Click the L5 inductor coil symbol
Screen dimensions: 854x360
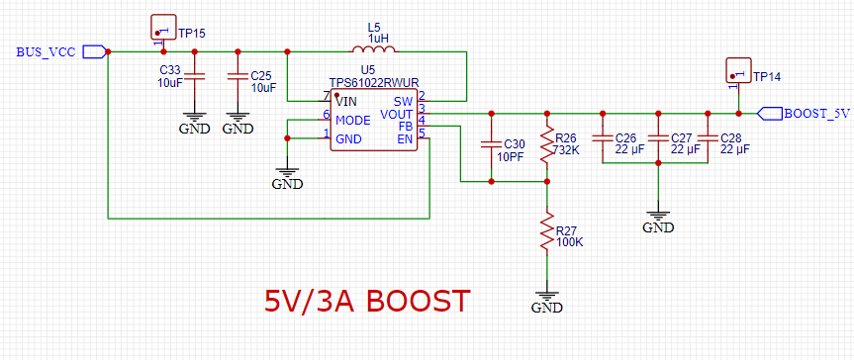tap(374, 49)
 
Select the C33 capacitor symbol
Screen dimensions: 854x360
tap(194, 76)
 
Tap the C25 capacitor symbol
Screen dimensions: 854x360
tap(237, 76)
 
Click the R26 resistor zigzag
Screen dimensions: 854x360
tap(547, 144)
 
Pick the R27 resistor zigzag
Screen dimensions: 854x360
tap(547, 232)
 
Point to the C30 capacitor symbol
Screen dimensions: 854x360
tap(491, 144)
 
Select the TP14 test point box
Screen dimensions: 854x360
tap(738, 71)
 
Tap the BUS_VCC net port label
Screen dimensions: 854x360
tap(61, 52)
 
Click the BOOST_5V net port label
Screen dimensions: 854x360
tap(804, 114)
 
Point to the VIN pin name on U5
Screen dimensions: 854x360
tap(345, 101)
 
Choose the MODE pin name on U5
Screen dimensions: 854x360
tap(353, 120)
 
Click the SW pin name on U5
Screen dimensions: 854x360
tap(403, 101)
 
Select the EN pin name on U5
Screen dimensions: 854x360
tap(406, 139)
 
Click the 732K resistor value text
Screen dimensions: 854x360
tap(566, 149)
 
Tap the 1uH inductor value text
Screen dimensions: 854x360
tap(378, 39)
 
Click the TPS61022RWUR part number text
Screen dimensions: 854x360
tap(374, 82)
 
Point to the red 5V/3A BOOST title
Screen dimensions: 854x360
tap(366, 302)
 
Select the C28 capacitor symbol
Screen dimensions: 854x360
tap(707, 138)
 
